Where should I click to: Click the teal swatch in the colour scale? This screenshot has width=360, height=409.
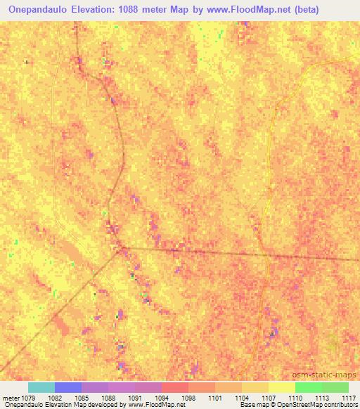(41, 387)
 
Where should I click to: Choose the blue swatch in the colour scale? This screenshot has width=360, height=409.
(67, 387)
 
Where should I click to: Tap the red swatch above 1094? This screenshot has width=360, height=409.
(174, 387)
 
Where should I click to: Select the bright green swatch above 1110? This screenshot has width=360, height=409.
(308, 387)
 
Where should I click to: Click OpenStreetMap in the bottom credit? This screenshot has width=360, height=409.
(285, 405)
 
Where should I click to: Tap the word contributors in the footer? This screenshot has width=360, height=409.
(336, 405)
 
